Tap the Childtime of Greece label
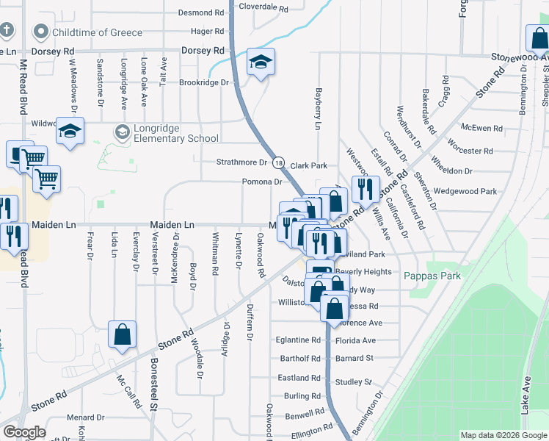pos(90,32)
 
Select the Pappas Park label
pos(432,276)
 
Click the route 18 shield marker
pos(279,162)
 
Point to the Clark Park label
pos(308,166)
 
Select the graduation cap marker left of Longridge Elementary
pos(70,132)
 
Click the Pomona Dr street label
pos(263,182)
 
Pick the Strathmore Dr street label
pos(242,162)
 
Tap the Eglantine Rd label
pos(299,340)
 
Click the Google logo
pos(24,432)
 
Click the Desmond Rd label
pos(201,12)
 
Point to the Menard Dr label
pos(81,417)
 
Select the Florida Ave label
pos(355,340)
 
